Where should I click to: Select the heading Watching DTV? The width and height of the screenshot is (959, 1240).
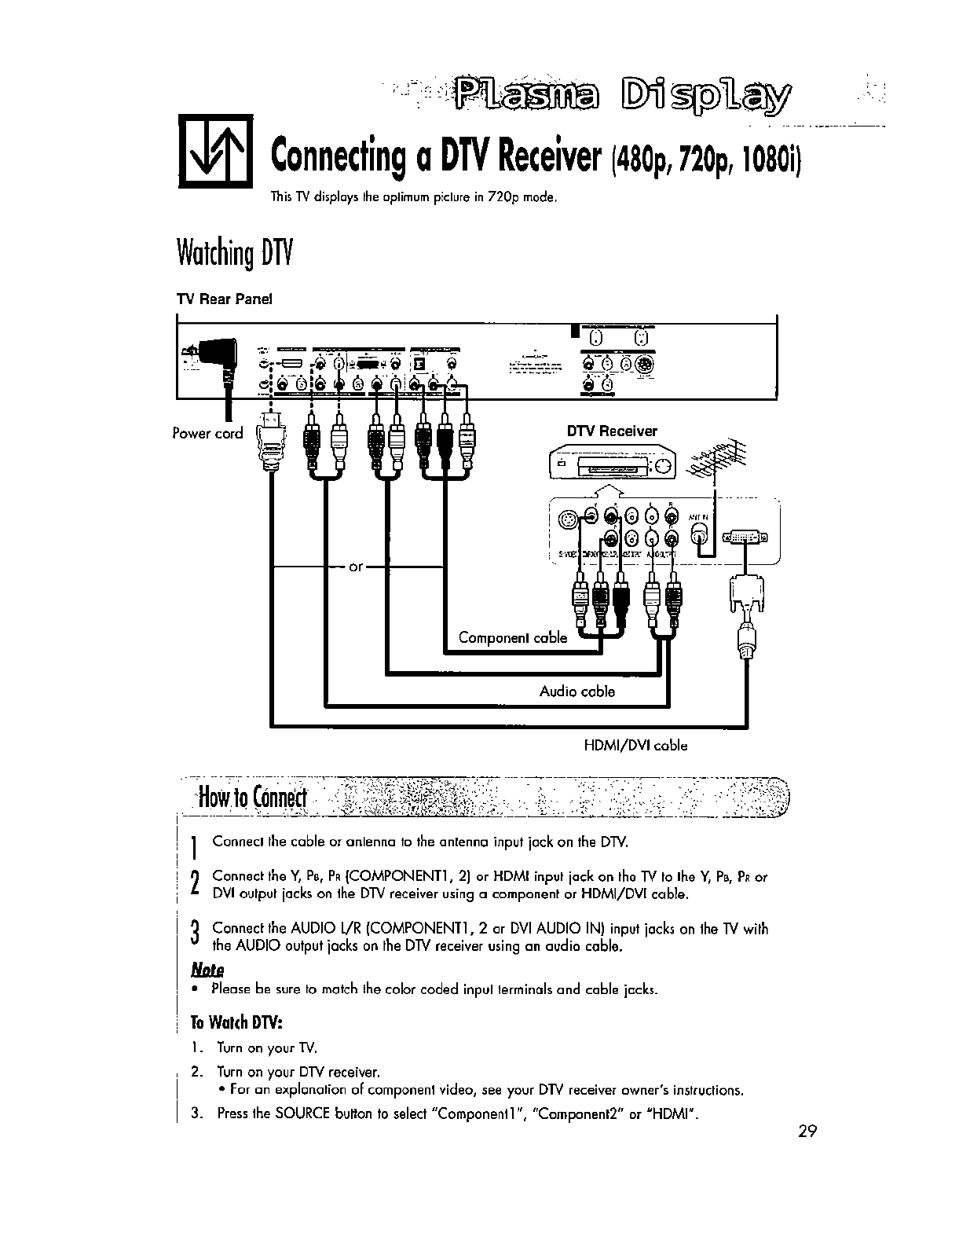coord(233,253)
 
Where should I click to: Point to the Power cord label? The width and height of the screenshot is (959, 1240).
coord(207,433)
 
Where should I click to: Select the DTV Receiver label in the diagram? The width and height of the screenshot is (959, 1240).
coord(612,431)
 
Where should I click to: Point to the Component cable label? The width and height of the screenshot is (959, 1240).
coord(512,637)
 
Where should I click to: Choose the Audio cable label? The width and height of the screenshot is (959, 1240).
coord(576,692)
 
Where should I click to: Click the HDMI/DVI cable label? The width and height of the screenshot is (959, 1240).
coord(635,746)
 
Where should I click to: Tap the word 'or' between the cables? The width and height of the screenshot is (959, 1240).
coord(355,566)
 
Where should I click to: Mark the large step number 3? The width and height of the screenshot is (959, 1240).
coord(194,936)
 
